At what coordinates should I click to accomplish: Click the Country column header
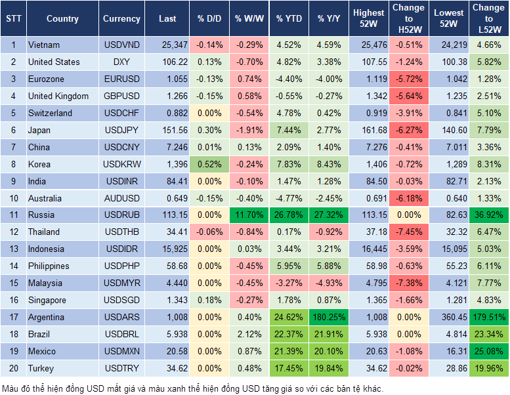click(x=62, y=18)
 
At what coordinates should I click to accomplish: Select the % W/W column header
click(x=249, y=18)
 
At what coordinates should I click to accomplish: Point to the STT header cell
click(x=13, y=18)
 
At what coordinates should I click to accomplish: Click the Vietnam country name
click(x=44, y=45)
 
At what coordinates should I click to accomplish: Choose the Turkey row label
click(x=41, y=368)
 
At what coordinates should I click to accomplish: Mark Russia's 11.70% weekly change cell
click(x=249, y=215)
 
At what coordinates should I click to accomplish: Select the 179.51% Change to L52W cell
click(x=488, y=317)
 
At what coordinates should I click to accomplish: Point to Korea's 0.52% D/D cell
click(x=209, y=164)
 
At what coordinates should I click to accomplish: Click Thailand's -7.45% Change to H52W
click(x=408, y=232)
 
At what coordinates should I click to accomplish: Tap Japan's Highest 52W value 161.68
click(x=369, y=130)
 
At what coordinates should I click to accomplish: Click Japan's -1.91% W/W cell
click(x=249, y=130)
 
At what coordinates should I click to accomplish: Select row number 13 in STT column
click(x=13, y=249)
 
